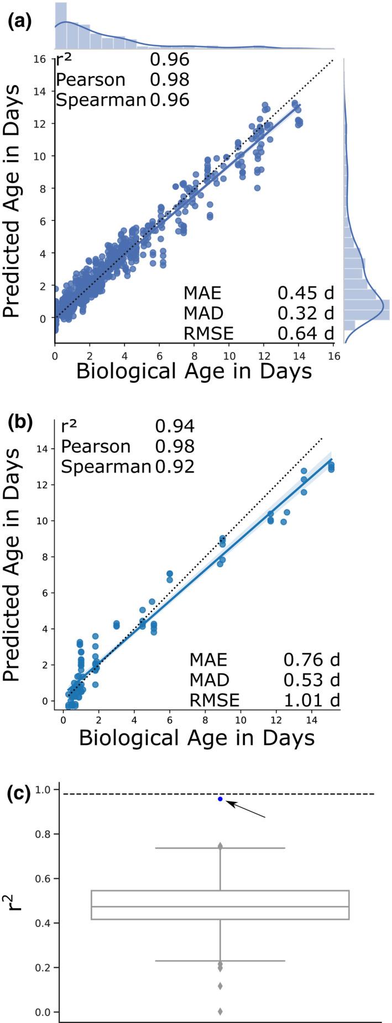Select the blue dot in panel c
220,799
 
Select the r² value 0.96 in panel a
169,60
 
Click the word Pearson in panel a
91,80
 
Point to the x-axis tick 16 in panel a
333,356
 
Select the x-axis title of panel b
196,738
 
